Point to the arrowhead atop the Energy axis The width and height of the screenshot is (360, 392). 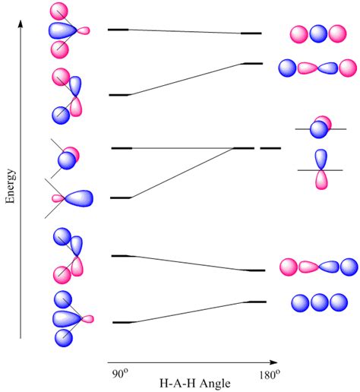21,25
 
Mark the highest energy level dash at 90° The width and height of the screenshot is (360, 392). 118,30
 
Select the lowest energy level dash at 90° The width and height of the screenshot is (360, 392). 122,322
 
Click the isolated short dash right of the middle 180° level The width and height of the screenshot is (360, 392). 270,148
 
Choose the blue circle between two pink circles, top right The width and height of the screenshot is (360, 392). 319,34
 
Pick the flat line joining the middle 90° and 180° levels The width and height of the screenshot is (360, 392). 182,147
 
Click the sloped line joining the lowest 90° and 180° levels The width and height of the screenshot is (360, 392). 190,312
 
